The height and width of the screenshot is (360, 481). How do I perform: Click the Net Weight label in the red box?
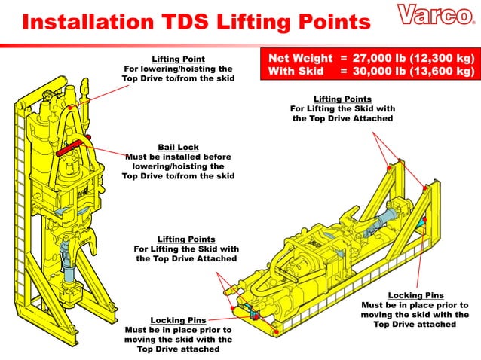point(297,57)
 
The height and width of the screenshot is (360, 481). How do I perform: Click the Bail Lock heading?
point(177,147)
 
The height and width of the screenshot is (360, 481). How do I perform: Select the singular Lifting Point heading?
point(178,58)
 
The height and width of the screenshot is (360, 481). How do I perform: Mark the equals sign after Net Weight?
point(344,57)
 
